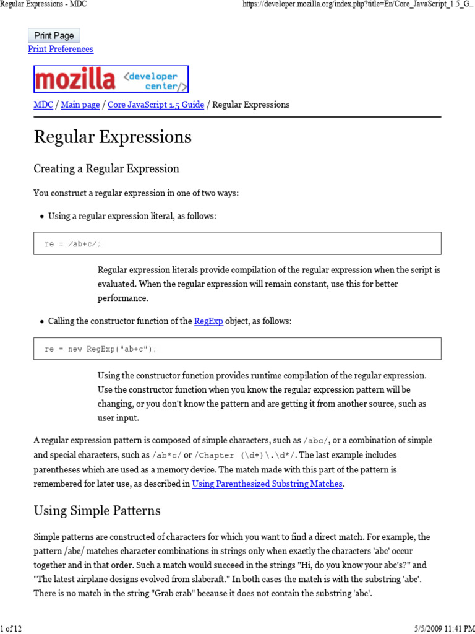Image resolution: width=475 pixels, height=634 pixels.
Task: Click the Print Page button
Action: click(54, 36)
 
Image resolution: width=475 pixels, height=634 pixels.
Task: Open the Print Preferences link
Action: click(61, 49)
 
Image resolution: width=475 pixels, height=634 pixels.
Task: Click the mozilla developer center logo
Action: click(111, 79)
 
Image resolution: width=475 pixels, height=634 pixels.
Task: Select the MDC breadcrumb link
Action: click(43, 105)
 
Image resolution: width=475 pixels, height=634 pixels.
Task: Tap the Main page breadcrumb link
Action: click(80, 105)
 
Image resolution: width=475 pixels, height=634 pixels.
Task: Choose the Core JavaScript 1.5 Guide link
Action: click(156, 105)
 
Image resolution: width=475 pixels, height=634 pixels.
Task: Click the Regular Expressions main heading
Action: click(113, 137)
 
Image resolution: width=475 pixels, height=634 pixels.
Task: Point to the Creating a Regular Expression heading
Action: click(106, 168)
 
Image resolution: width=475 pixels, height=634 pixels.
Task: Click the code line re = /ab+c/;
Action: click(72, 244)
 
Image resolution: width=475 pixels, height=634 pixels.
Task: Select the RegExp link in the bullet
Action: click(208, 321)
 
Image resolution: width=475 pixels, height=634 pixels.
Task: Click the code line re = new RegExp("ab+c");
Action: click(101, 349)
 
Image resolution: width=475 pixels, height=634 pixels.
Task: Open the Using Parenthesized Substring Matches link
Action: click(267, 484)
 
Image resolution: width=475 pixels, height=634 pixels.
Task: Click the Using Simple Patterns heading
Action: click(97, 511)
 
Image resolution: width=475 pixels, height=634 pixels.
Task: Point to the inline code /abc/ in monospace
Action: click(317, 441)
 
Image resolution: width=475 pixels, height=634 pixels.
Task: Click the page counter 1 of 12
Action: click(11, 628)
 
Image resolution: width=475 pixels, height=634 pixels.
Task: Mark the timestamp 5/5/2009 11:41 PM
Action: click(440, 628)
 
